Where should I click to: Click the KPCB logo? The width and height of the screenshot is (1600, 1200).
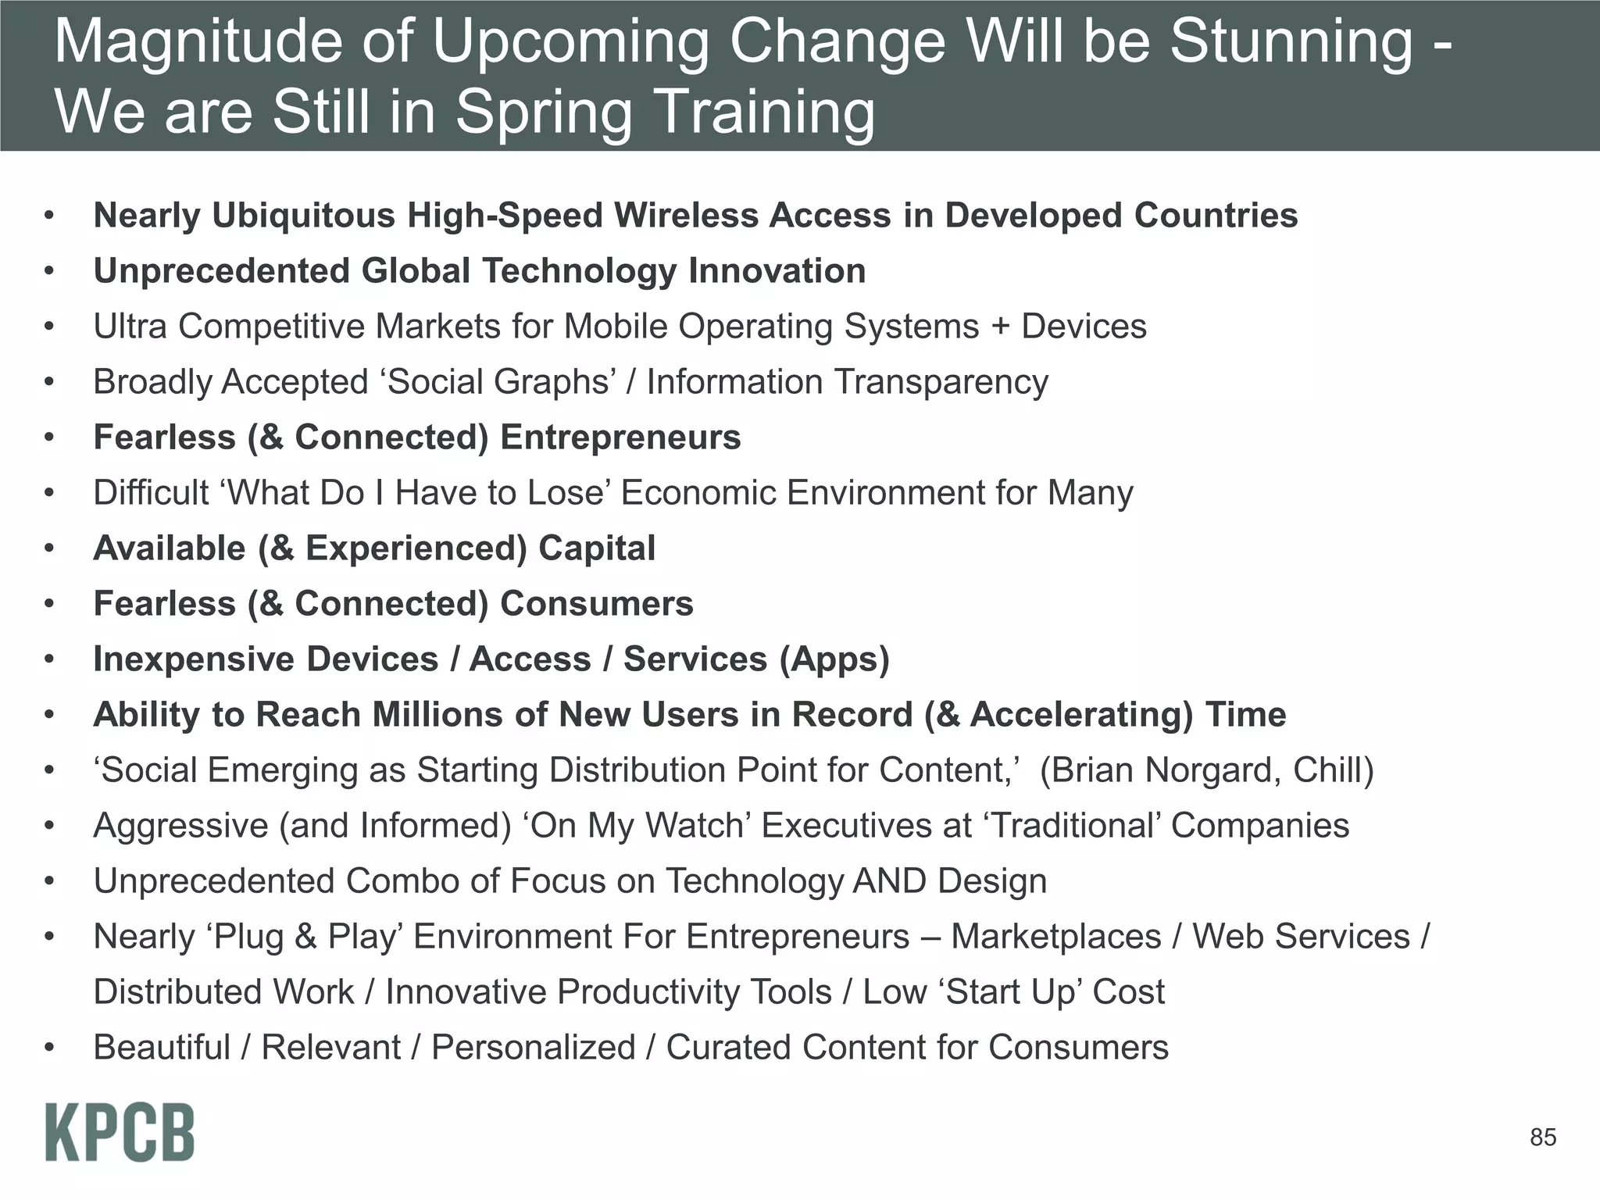click(120, 1132)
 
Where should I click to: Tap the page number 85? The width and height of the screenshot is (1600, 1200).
click(1542, 1137)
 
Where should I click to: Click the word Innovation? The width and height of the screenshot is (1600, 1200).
click(777, 271)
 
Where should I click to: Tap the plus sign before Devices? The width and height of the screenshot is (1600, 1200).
click(1000, 327)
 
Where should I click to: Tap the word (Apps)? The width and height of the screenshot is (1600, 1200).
click(834, 659)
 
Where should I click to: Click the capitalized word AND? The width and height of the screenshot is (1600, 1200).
click(890, 881)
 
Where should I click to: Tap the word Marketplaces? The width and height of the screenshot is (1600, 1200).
click(1055, 937)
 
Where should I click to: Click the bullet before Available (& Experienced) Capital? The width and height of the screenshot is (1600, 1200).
click(49, 548)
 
